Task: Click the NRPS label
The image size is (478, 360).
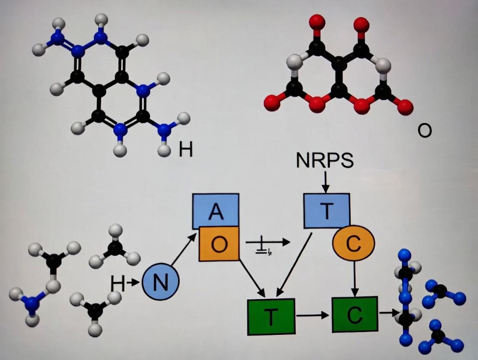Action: tap(325, 160)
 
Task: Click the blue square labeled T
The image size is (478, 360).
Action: tap(326, 211)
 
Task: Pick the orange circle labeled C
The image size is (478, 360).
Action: tap(353, 244)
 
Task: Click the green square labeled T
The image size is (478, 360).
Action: tap(271, 316)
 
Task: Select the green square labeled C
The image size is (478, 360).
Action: tap(354, 315)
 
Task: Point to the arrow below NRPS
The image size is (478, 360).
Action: tap(326, 182)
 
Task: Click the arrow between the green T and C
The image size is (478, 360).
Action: tap(313, 315)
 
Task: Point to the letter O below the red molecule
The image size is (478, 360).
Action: tap(425, 130)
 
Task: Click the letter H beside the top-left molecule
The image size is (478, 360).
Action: tap(185, 150)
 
